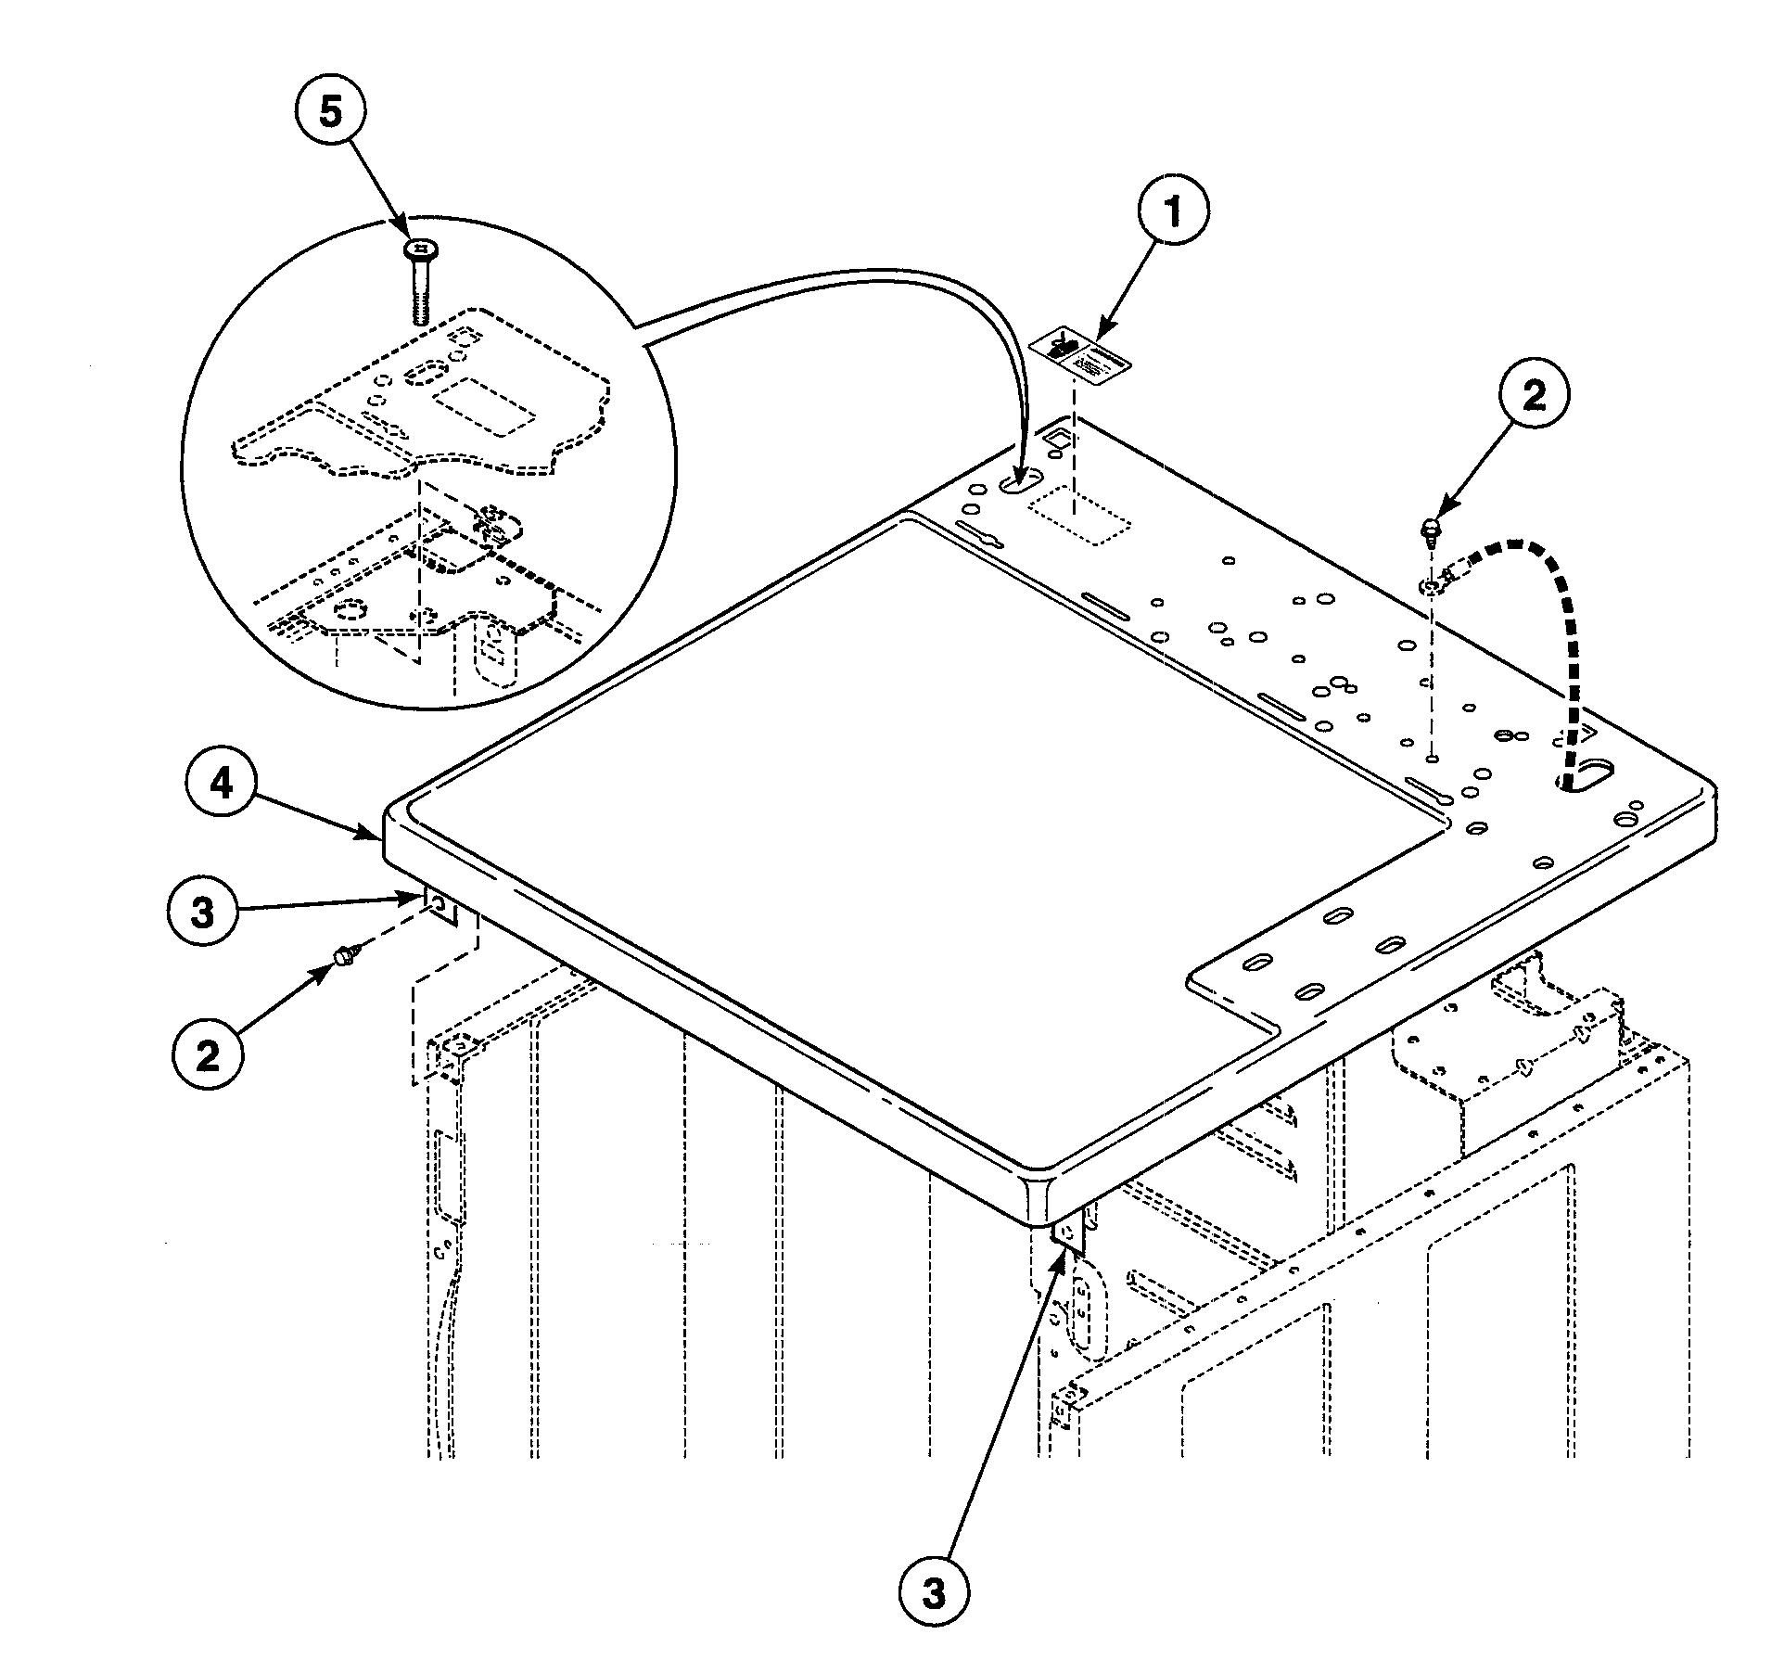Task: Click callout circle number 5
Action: click(330, 113)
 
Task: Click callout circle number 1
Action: click(1173, 211)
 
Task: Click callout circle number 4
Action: click(221, 785)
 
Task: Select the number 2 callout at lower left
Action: click(208, 1054)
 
